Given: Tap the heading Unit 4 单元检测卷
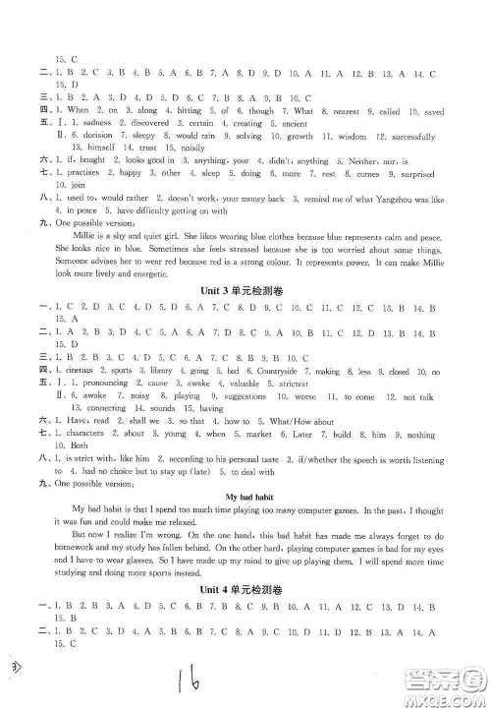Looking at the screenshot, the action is pyautogui.click(x=245, y=610).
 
